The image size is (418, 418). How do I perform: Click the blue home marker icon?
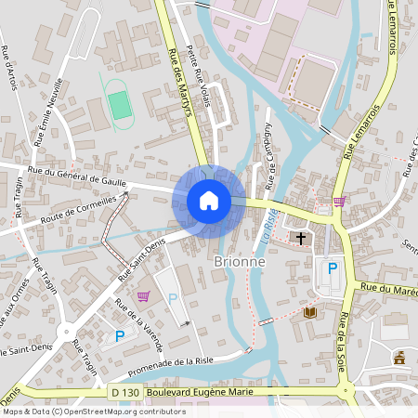tap(209, 200)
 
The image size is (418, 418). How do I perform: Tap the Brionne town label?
tap(240, 262)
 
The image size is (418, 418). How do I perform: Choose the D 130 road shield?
tap(123, 395)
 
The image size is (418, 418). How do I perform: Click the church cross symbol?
tap(301, 239)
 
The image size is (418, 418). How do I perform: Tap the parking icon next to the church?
tap(333, 268)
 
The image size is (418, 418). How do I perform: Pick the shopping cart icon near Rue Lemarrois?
tap(339, 200)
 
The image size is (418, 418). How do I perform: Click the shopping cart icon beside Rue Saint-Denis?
tap(143, 296)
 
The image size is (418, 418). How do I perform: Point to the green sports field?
tap(119, 103)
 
